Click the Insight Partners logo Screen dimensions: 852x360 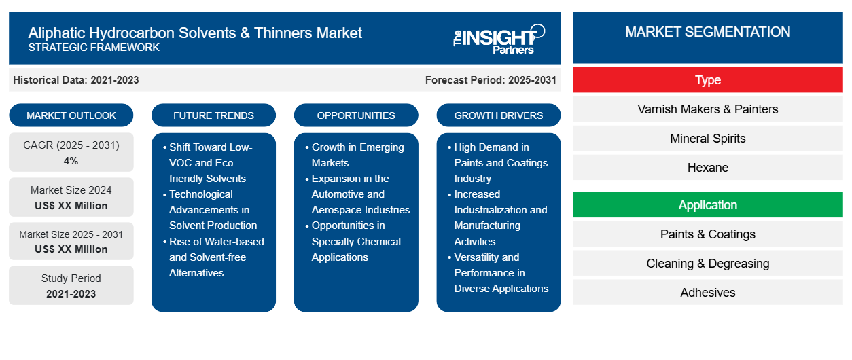(499, 39)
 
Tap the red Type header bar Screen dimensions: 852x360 (707, 80)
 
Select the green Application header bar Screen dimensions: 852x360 (707, 205)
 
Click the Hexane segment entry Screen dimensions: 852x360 (707, 168)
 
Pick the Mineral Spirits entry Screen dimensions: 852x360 (707, 139)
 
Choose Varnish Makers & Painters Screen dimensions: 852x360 (707, 109)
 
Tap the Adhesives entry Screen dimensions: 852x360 (707, 292)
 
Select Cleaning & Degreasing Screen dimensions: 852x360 (707, 263)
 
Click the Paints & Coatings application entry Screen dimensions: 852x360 (707, 234)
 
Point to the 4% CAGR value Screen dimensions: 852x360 (71, 161)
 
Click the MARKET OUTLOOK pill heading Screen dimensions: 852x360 (71, 115)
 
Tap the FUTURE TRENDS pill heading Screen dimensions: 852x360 (213, 115)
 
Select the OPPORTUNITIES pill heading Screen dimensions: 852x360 (356, 115)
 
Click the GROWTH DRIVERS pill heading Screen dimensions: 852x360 (498, 115)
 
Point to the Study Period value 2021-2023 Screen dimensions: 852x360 (71, 294)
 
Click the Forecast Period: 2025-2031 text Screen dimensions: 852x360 (491, 80)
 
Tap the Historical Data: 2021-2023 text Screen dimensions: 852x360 (76, 80)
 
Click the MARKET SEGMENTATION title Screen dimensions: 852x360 (707, 32)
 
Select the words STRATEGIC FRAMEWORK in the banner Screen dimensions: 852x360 (94, 48)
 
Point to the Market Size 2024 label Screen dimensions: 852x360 (71, 190)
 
